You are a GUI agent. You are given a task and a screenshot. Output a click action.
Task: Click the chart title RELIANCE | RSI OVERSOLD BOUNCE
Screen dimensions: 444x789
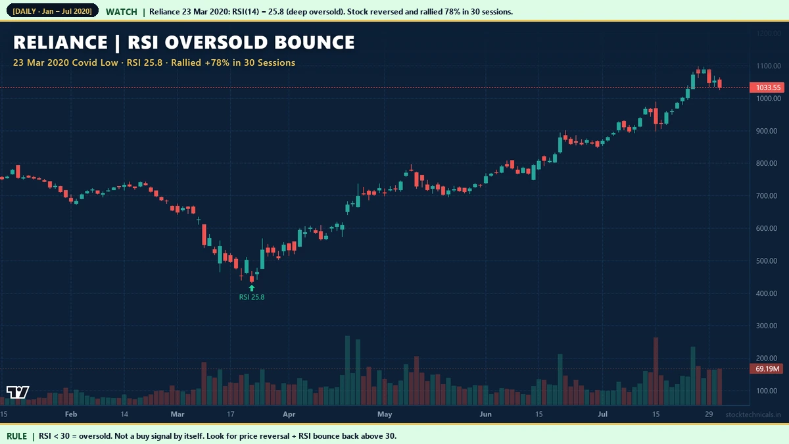(184, 43)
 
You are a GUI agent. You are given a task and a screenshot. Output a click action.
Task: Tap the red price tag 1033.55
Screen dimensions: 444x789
(768, 87)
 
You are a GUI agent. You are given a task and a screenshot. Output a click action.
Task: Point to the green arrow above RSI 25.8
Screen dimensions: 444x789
(252, 287)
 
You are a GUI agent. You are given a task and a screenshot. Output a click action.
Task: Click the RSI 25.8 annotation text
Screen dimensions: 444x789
(252, 297)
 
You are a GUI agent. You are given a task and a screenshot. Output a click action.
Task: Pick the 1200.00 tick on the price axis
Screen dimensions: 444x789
(768, 34)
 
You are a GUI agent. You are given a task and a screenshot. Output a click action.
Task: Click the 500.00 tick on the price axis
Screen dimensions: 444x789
(768, 261)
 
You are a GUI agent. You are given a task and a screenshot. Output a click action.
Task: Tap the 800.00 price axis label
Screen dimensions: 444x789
(768, 164)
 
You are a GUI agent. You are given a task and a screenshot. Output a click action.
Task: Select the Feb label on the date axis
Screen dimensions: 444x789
(71, 414)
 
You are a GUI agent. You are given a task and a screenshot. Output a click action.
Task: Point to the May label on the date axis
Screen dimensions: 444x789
(385, 414)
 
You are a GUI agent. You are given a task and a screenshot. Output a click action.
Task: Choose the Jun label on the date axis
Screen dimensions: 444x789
(485, 414)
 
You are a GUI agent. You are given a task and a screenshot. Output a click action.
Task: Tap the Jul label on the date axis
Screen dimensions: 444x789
(602, 414)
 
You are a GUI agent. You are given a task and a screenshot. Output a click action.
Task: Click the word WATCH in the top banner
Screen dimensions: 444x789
(122, 12)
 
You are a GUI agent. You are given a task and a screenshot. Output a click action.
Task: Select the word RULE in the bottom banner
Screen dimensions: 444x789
(17, 435)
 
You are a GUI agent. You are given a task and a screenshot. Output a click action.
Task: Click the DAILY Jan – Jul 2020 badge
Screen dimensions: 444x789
(52, 12)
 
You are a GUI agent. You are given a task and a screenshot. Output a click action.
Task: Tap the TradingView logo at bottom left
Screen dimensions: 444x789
(18, 393)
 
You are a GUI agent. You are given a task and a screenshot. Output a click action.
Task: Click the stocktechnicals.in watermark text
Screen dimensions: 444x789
(753, 414)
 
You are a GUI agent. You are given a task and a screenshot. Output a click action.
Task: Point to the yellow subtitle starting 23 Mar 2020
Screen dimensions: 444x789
(155, 62)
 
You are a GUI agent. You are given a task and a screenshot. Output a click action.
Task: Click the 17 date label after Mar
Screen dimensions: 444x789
(231, 414)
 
